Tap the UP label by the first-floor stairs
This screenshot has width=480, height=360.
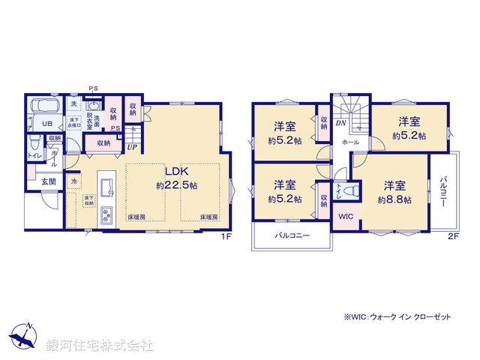point(133,147)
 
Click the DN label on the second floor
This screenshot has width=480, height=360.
point(340,123)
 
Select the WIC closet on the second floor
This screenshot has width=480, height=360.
point(346,216)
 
